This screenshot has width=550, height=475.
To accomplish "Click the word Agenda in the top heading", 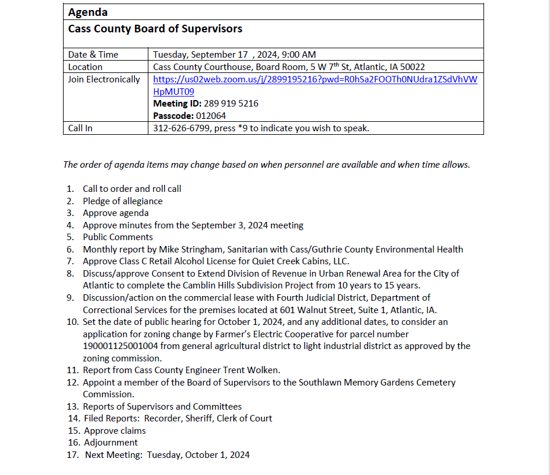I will pos(88,12).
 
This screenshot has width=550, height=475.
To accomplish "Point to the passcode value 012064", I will pos(210,116).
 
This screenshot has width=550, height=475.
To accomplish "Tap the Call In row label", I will pos(80,128).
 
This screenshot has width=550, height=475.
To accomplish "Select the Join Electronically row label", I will pos(104,79).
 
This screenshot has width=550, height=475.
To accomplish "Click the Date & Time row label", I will pos(93,55).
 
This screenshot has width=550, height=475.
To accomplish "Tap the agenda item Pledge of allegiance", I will pos(122,201).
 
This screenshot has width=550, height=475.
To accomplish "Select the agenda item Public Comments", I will pos(118,237).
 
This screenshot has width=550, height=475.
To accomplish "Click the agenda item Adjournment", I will pos(111,443).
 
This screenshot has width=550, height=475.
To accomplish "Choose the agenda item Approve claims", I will pos(115,431).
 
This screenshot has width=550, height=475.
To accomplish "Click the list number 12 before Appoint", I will pos(72,383).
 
